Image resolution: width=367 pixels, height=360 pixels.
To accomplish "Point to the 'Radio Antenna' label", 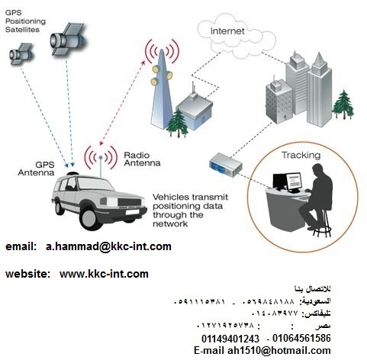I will (141, 159).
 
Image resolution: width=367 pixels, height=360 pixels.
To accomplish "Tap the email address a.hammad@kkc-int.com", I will (108, 246).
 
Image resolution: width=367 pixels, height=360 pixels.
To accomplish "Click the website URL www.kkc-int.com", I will (104, 273).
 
